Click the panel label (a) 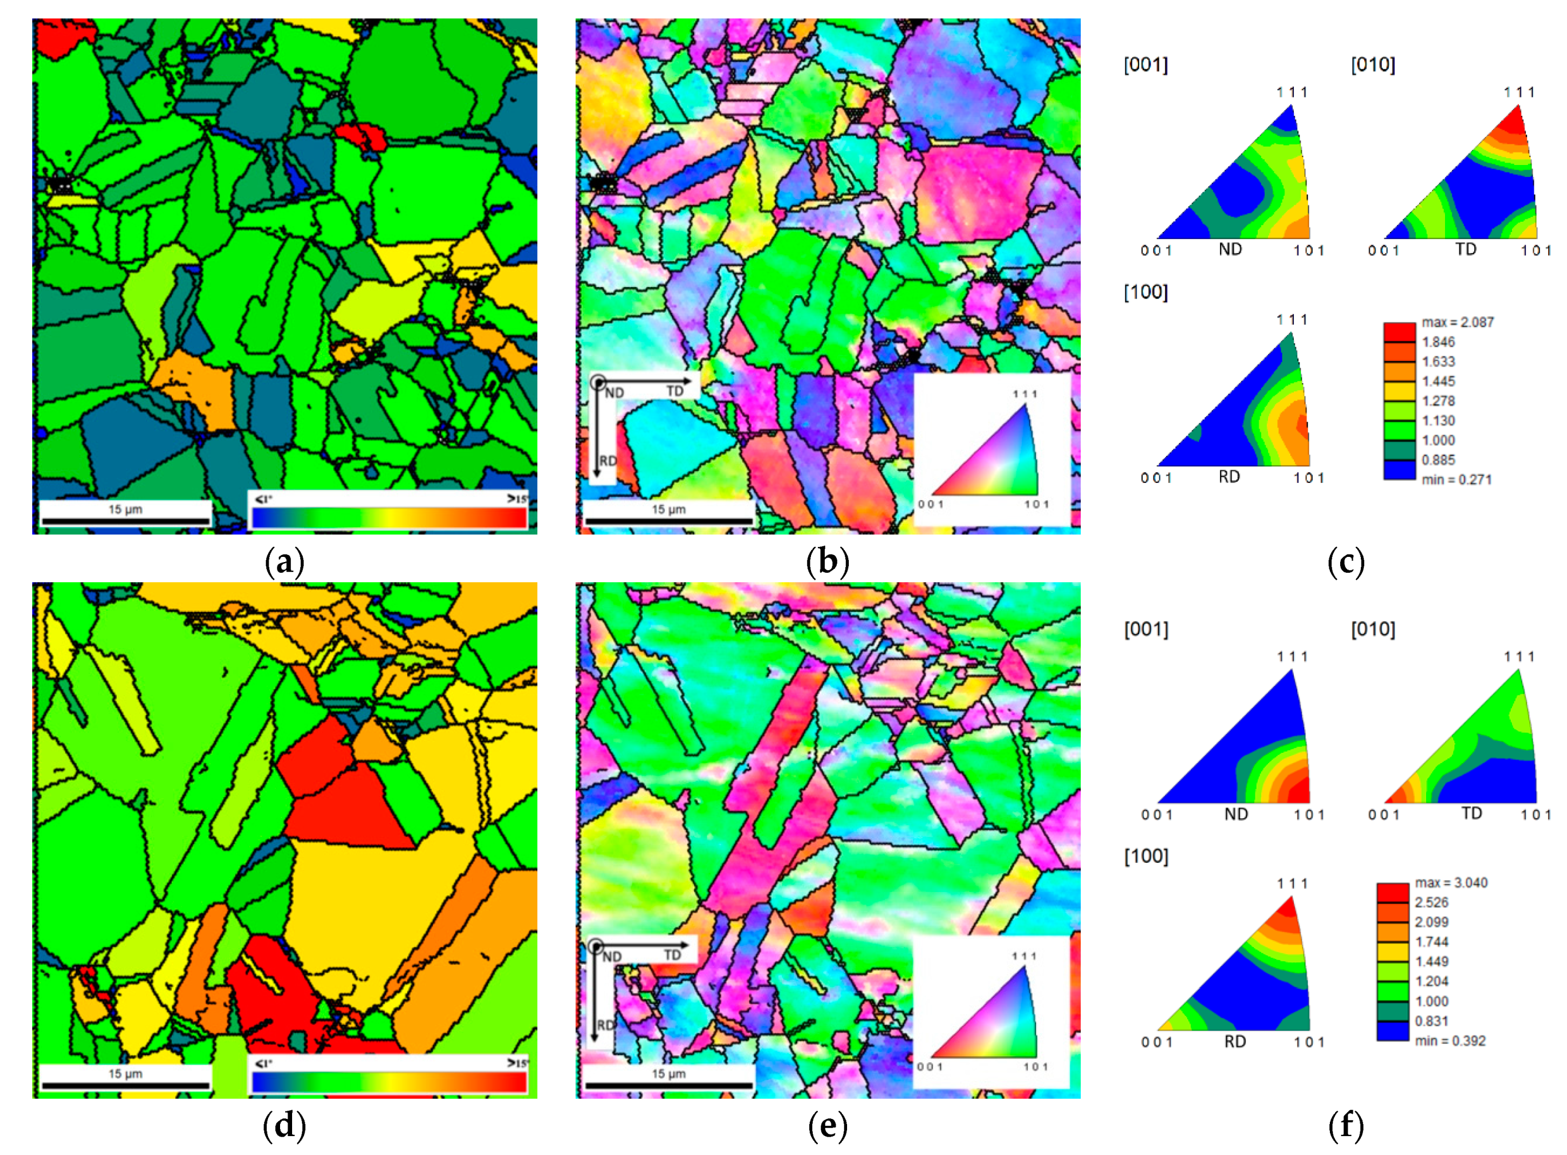tap(285, 562)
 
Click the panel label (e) tap(828, 1126)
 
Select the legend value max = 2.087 tap(1456, 323)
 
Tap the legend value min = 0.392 tap(1450, 1041)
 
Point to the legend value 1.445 tap(1438, 382)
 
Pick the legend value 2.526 tap(1431, 902)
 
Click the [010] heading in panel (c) tap(1373, 65)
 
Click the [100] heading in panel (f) tap(1145, 856)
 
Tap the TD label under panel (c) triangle tap(1465, 250)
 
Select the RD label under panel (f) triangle tap(1234, 1042)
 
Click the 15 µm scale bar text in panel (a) tap(125, 509)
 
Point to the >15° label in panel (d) tap(517, 1063)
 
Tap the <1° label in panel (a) tap(263, 498)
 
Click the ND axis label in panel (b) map tap(615, 393)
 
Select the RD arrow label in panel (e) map tap(605, 1025)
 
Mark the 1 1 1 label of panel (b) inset tap(1025, 394)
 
